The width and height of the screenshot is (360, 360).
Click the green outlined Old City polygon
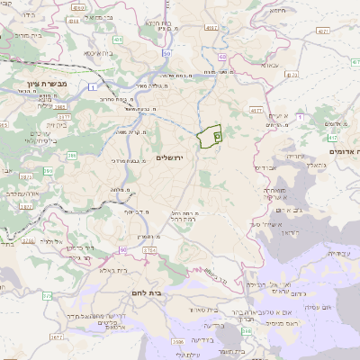click(208, 136)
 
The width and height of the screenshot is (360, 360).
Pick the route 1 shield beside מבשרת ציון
click(92, 85)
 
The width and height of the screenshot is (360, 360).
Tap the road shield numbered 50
click(167, 53)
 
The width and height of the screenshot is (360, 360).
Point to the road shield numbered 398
click(247, 332)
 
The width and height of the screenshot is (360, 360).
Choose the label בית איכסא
click(98, 54)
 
